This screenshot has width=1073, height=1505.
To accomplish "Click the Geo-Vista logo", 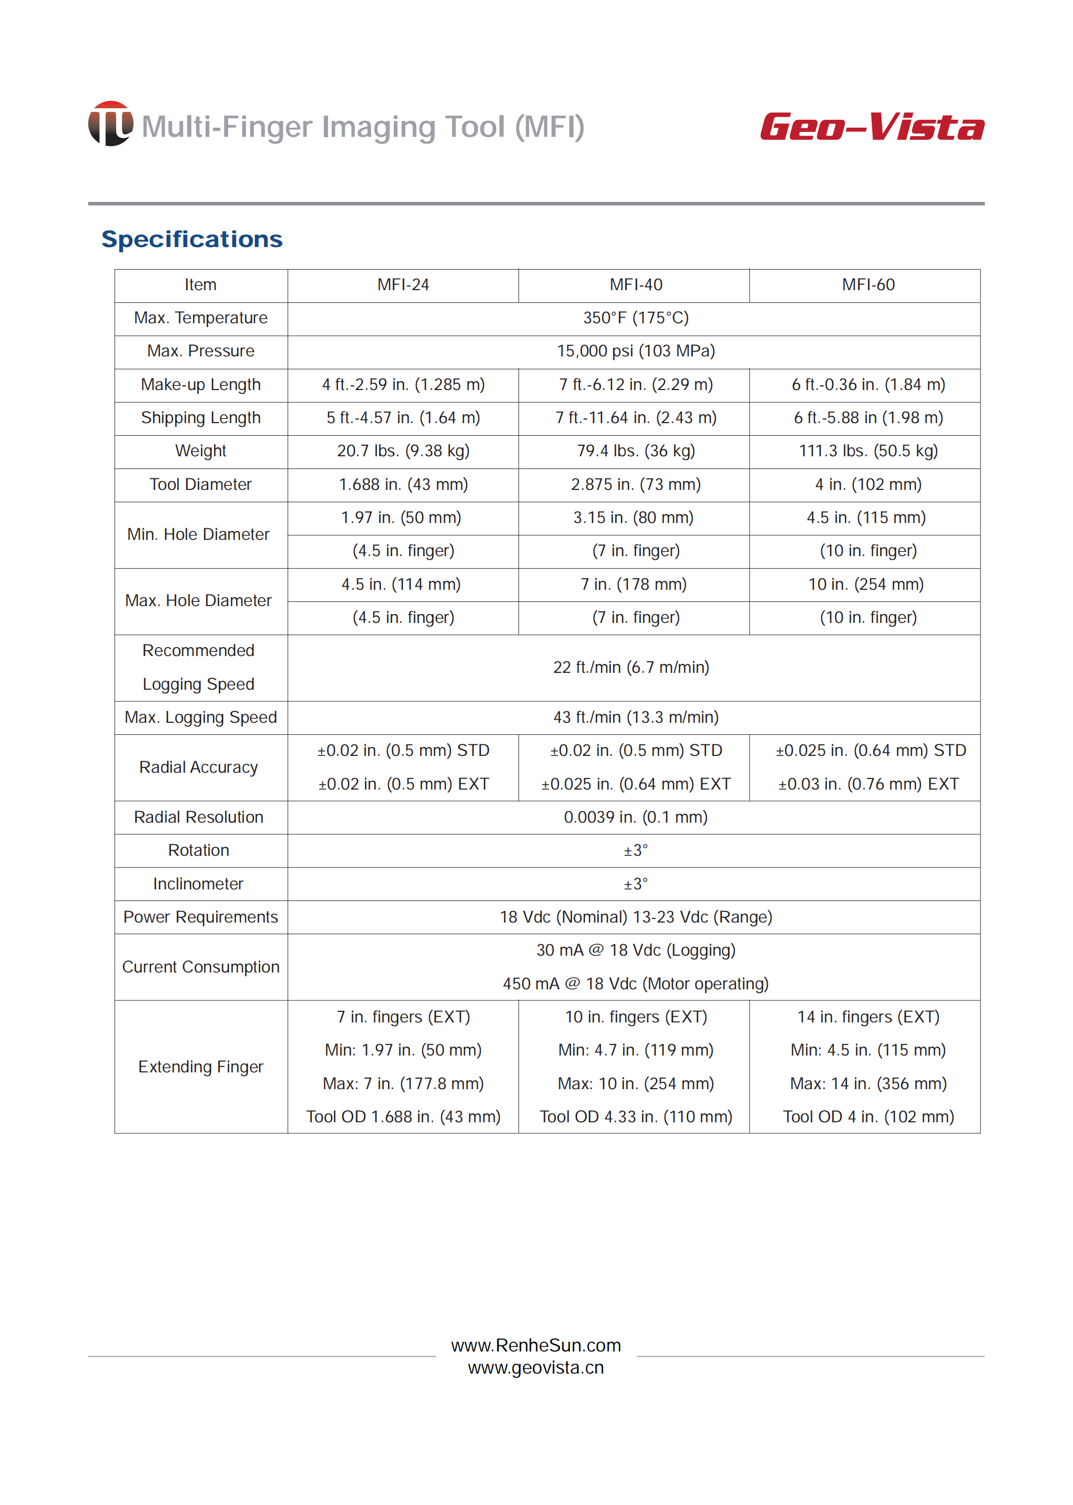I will pyautogui.click(x=872, y=126).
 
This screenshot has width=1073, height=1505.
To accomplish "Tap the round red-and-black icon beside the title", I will pyautogui.click(x=110, y=124).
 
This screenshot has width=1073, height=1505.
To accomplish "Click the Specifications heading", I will pyautogui.click(x=191, y=239).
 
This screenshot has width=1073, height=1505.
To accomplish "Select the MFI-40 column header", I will pyautogui.click(x=635, y=285).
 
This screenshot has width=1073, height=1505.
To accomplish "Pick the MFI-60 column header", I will pyautogui.click(x=867, y=285).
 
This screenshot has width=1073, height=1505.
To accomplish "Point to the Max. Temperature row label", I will pyautogui.click(x=200, y=318).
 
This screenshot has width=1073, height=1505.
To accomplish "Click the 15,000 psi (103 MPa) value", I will pyautogui.click(x=635, y=351).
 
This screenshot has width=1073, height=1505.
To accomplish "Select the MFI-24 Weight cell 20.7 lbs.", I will pyautogui.click(x=403, y=451).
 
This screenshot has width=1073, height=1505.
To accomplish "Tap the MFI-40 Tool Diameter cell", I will pyautogui.click(x=635, y=484).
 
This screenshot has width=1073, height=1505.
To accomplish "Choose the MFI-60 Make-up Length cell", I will pyautogui.click(x=867, y=384).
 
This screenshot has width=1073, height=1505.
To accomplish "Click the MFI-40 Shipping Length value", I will pyautogui.click(x=635, y=417).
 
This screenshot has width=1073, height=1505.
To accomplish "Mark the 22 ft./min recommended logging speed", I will pyautogui.click(x=631, y=667).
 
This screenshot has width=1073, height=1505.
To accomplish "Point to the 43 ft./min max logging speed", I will pyautogui.click(x=635, y=718).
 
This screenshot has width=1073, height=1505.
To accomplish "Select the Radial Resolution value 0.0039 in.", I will pyautogui.click(x=635, y=817).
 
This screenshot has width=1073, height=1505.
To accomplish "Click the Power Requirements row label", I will pyautogui.click(x=200, y=917).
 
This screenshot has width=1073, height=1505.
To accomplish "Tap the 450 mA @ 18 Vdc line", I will pyautogui.click(x=635, y=984).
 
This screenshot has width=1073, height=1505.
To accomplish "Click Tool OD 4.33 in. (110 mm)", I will pyautogui.click(x=635, y=1117).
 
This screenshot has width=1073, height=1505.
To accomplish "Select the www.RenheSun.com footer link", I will pyautogui.click(x=536, y=1345).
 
